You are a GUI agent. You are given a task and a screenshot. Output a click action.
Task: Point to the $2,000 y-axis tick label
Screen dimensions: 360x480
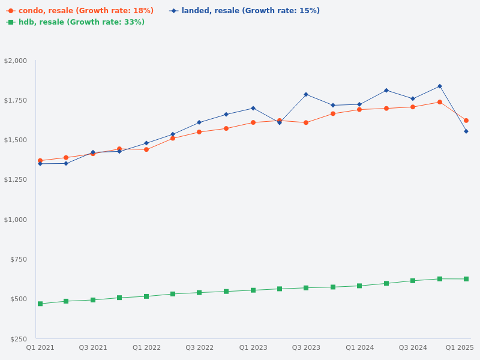(x=16, y=61)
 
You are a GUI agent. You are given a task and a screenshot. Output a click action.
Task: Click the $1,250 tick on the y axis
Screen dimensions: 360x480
(x=16, y=179)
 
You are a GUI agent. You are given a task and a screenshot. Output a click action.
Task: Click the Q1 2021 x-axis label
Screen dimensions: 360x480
(x=40, y=347)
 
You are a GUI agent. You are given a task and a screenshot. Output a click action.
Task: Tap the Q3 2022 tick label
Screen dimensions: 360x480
(x=199, y=347)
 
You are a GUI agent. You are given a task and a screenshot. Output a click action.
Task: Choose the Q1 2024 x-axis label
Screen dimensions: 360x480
(x=359, y=347)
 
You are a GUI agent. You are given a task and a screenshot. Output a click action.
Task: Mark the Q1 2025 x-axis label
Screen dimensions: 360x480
(x=460, y=347)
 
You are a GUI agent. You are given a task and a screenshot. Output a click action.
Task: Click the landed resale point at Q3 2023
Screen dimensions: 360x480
(x=306, y=94)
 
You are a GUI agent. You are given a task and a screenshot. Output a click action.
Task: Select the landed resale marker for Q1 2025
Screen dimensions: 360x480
(x=466, y=131)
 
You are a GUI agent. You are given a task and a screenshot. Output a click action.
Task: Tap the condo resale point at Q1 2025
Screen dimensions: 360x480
(x=466, y=121)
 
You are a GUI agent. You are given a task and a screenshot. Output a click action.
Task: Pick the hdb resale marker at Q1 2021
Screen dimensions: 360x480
(x=40, y=304)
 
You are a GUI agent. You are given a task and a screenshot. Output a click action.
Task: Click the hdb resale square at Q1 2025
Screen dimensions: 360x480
(x=466, y=279)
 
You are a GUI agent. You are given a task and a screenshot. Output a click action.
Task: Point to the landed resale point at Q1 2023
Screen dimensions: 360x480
(x=253, y=108)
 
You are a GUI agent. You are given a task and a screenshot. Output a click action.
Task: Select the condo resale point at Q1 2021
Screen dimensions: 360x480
(x=40, y=161)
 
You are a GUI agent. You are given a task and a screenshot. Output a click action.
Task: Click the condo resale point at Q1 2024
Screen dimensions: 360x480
(x=359, y=110)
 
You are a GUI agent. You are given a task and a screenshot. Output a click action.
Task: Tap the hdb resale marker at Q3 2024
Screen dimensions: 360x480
(x=413, y=281)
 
